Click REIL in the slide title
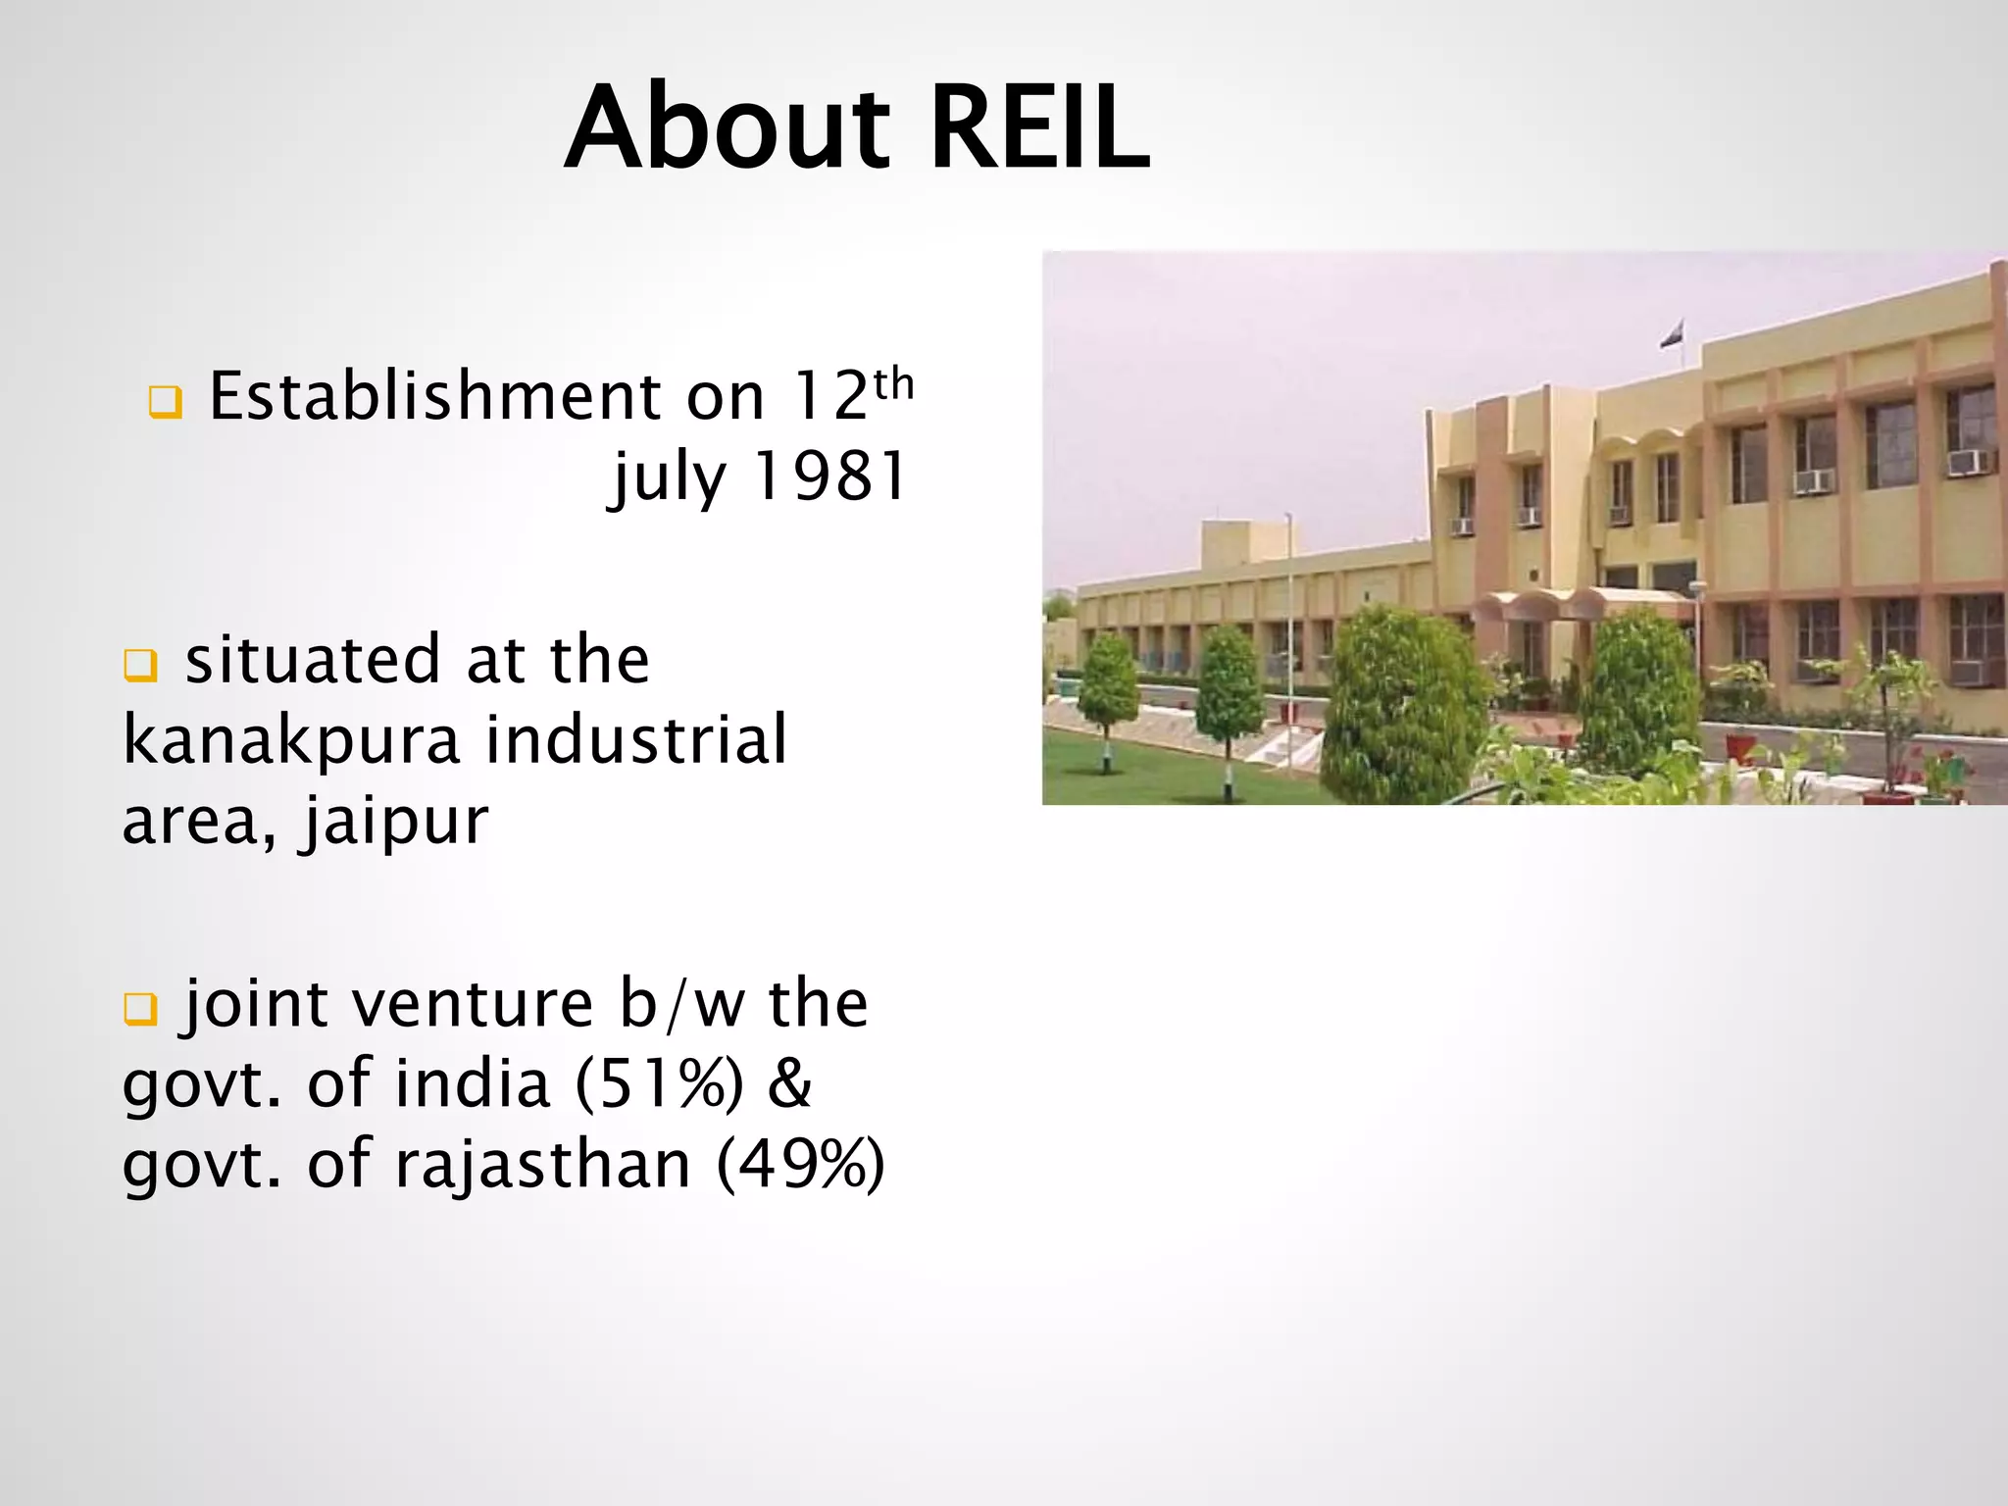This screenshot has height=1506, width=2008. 1039,129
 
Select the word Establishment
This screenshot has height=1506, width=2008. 436,397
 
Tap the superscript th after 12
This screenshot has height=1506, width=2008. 893,385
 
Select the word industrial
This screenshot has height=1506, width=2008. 636,739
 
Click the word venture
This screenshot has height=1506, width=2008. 472,1004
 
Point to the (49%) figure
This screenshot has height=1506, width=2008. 800,1165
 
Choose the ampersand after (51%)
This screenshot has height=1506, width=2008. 789,1084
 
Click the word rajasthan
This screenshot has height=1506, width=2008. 543,1165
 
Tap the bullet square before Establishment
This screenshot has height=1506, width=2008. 165,402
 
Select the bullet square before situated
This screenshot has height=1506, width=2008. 139,666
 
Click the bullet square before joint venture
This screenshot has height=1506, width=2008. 139,1009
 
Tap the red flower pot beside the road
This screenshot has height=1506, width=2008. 1739,747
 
